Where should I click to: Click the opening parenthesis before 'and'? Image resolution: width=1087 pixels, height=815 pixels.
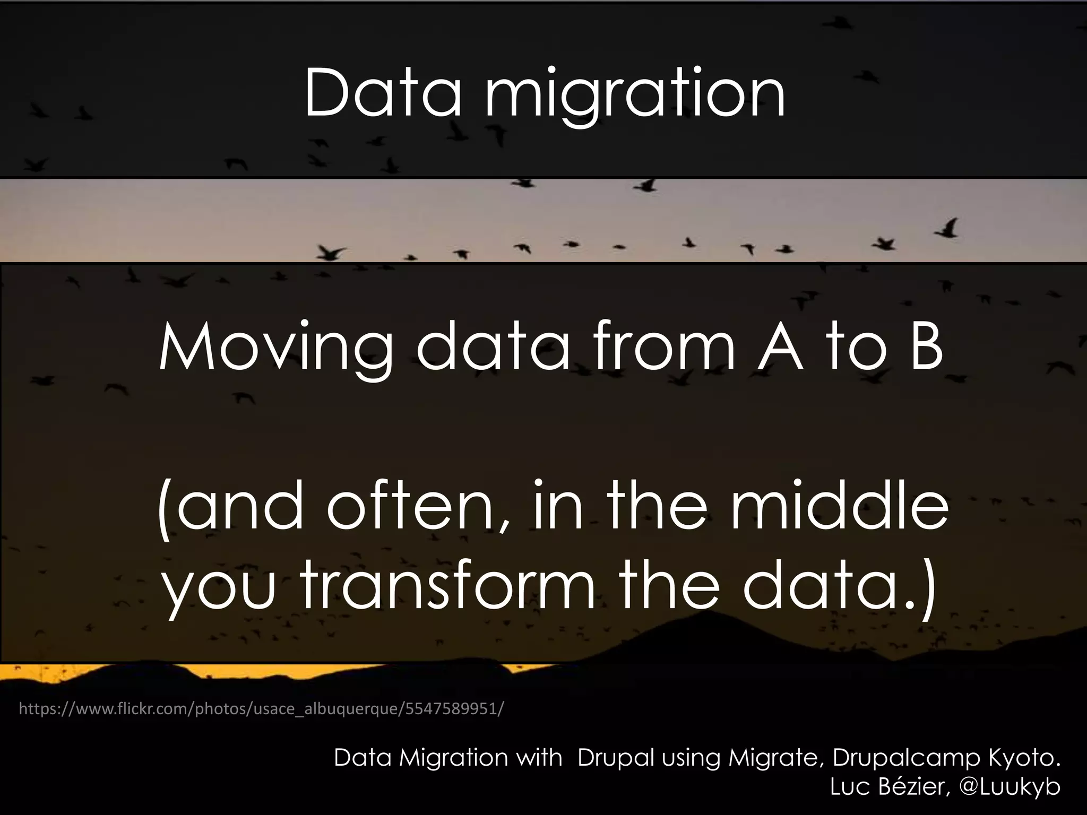tap(165, 508)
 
